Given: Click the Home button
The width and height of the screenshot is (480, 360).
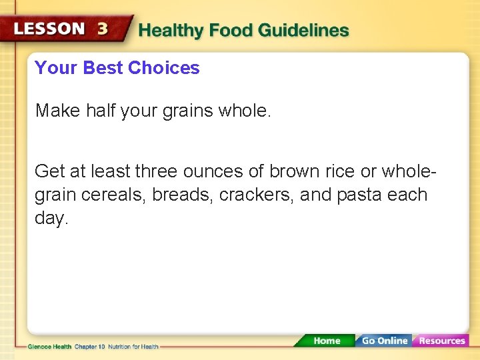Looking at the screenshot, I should tap(327, 341).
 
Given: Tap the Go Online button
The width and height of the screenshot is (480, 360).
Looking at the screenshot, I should tap(384, 341).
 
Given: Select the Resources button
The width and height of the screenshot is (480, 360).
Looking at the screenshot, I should tap(441, 341).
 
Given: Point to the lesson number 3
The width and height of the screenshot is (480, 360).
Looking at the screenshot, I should tap(103, 29).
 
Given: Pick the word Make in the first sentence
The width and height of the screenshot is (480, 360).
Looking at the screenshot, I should tap(58, 111).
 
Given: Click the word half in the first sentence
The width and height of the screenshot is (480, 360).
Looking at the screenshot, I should tap(101, 111).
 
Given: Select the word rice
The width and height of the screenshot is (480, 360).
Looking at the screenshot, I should tap(339, 171).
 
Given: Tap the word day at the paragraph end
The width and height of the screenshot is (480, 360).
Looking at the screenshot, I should tap(50, 219).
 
